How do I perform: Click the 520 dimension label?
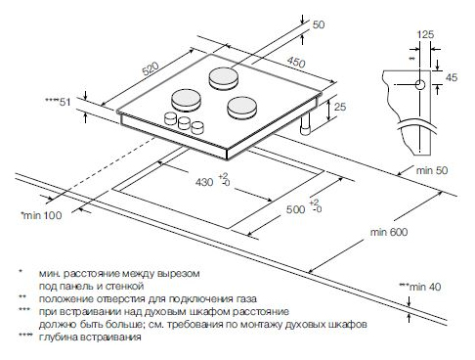pos(151,68)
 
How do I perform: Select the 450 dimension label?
pos(296,62)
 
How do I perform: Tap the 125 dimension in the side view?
pos(425,34)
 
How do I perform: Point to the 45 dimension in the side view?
pos(452,77)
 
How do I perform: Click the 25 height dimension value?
pos(340,107)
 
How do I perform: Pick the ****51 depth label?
pos(58,102)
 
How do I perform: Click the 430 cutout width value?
pos(204,182)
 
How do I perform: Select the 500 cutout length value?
pos(295,209)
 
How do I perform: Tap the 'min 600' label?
pos(389,232)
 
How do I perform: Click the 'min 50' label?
pos(432,170)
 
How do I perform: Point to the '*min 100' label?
pos(41,215)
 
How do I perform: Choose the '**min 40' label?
pos(420,287)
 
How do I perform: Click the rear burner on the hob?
pos(224,79)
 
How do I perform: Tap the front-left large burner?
pos(187,100)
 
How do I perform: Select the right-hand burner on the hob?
pos(242,108)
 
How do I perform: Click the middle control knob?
pos(184,122)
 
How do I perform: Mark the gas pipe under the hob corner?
pos(306,125)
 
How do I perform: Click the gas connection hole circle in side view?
pos(420,85)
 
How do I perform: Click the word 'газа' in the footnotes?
pos(245,298)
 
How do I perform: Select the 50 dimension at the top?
pos(319,24)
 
